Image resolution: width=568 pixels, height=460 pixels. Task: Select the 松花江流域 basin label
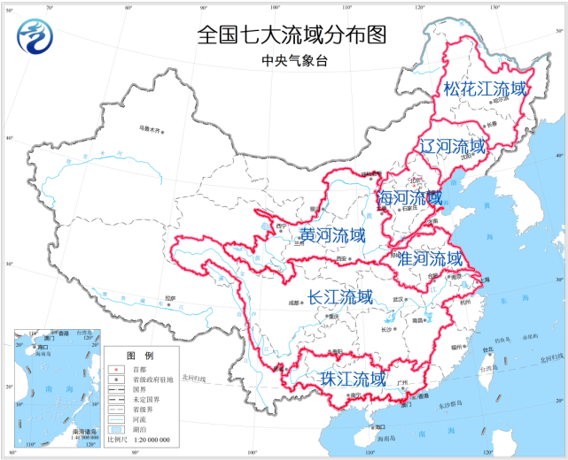[x=485, y=88]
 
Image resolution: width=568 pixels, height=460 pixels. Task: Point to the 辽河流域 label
[x=453, y=146]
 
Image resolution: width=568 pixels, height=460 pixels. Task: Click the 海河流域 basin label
[x=408, y=197]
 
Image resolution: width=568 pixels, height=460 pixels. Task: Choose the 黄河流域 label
[x=331, y=235]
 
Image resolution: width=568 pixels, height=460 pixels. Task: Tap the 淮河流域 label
[x=430, y=258]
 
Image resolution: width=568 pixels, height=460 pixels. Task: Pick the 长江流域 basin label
[x=340, y=297]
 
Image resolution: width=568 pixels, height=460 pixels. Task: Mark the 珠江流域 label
[x=354, y=379]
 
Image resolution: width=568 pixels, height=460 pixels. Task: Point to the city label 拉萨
[x=171, y=298]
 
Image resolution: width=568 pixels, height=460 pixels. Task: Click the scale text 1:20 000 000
[x=144, y=440]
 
